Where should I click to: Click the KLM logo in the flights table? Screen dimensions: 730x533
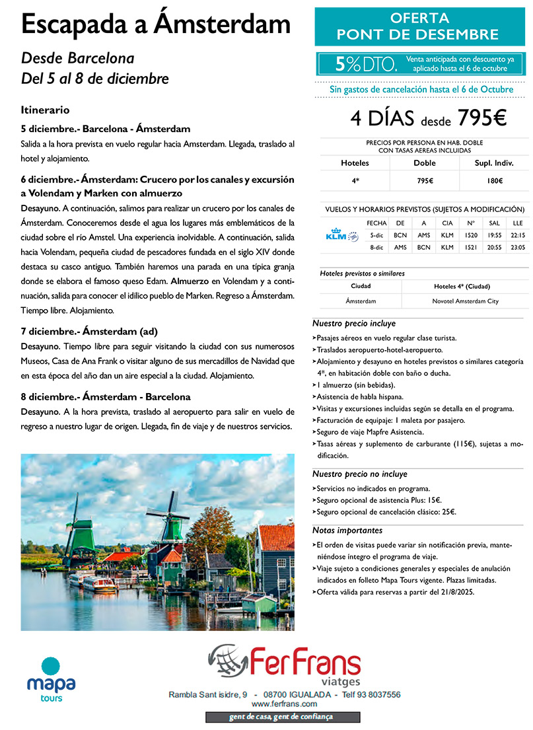pos(342,235)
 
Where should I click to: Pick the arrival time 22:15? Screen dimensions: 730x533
pos(517,235)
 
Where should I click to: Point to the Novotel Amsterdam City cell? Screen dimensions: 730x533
pos(460,301)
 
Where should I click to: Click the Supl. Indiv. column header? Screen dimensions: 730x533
pos(493,163)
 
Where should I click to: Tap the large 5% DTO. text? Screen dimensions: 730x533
pos(366,63)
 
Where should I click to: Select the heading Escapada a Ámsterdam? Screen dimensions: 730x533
pos(156,24)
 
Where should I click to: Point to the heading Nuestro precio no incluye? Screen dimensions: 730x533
pos(359,474)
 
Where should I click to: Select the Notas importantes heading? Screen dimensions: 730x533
pos(347,530)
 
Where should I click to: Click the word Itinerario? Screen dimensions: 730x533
pos(45,110)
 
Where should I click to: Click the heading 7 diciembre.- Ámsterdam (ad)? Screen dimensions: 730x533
pos(89,332)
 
